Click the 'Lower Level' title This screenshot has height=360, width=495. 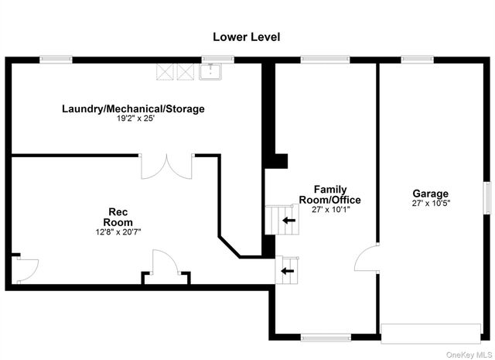tap(247, 36)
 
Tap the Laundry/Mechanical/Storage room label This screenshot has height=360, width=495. tap(133, 109)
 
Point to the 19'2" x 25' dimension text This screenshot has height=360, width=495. tap(133, 119)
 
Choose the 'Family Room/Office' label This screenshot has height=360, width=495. tap(329, 194)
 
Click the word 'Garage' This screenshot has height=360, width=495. tap(430, 194)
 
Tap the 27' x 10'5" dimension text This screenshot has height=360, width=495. tap(430, 204)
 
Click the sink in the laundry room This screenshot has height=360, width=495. tap(210, 72)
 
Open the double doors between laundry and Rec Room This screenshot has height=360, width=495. tap(165, 166)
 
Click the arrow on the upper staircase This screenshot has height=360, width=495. tap(288, 221)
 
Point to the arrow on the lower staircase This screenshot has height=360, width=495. tap(288, 270)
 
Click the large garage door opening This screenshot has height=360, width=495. tap(431, 333)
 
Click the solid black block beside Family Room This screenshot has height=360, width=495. tap(276, 161)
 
